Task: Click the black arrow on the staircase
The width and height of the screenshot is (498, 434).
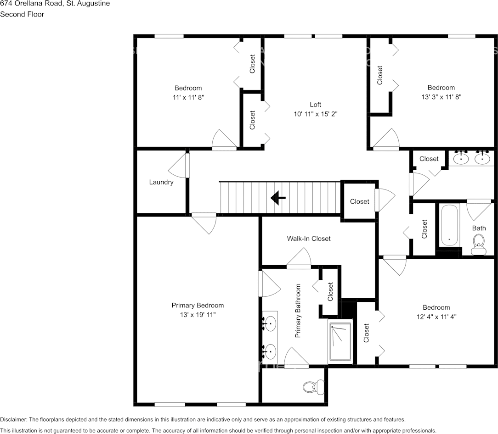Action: coord(278,198)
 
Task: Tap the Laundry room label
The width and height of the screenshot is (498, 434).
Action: coord(161,182)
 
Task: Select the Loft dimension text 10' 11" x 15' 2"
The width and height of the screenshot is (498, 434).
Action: coord(315,114)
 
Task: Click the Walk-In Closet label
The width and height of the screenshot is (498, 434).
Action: coord(309,239)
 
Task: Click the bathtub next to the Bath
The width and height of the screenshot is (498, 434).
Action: coord(449,226)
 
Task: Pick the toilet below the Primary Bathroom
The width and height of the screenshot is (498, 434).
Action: coord(310,387)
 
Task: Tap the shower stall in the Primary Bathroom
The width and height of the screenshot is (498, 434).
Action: coord(340,343)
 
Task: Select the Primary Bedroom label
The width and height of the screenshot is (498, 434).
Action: coord(198,306)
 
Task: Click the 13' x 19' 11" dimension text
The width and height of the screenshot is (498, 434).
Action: coord(198,315)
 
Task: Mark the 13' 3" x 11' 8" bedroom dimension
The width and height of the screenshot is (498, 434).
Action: coord(441,97)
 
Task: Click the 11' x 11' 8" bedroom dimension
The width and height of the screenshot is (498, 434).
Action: coord(188,97)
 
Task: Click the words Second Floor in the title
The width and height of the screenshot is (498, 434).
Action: coord(22,14)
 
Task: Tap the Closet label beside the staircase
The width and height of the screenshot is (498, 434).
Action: coord(359,201)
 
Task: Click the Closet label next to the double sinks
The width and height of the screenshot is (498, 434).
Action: coord(429,159)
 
